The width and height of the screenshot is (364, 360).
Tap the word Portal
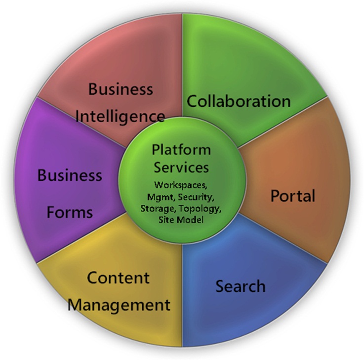(292, 196)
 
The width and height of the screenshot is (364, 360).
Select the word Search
(241, 286)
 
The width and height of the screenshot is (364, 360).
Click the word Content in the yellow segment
(118, 277)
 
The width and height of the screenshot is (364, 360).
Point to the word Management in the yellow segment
(119, 304)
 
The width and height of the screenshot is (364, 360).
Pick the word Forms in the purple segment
(70, 212)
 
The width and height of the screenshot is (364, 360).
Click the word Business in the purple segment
(70, 175)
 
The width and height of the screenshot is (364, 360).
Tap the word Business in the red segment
(121, 90)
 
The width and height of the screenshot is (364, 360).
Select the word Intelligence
(121, 117)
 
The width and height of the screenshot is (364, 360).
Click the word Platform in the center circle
(181, 149)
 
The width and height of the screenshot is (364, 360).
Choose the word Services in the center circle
(181, 167)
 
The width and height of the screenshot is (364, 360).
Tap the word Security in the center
(197, 196)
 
